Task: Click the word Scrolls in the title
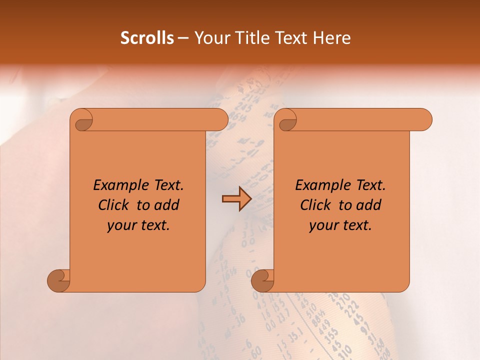[x=147, y=38]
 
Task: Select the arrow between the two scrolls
[x=236, y=199]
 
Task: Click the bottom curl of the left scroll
[x=58, y=280]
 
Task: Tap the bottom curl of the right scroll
[x=262, y=280]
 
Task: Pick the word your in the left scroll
[x=120, y=225]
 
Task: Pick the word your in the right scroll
[x=322, y=225]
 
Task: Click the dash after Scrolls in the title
[x=183, y=38]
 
